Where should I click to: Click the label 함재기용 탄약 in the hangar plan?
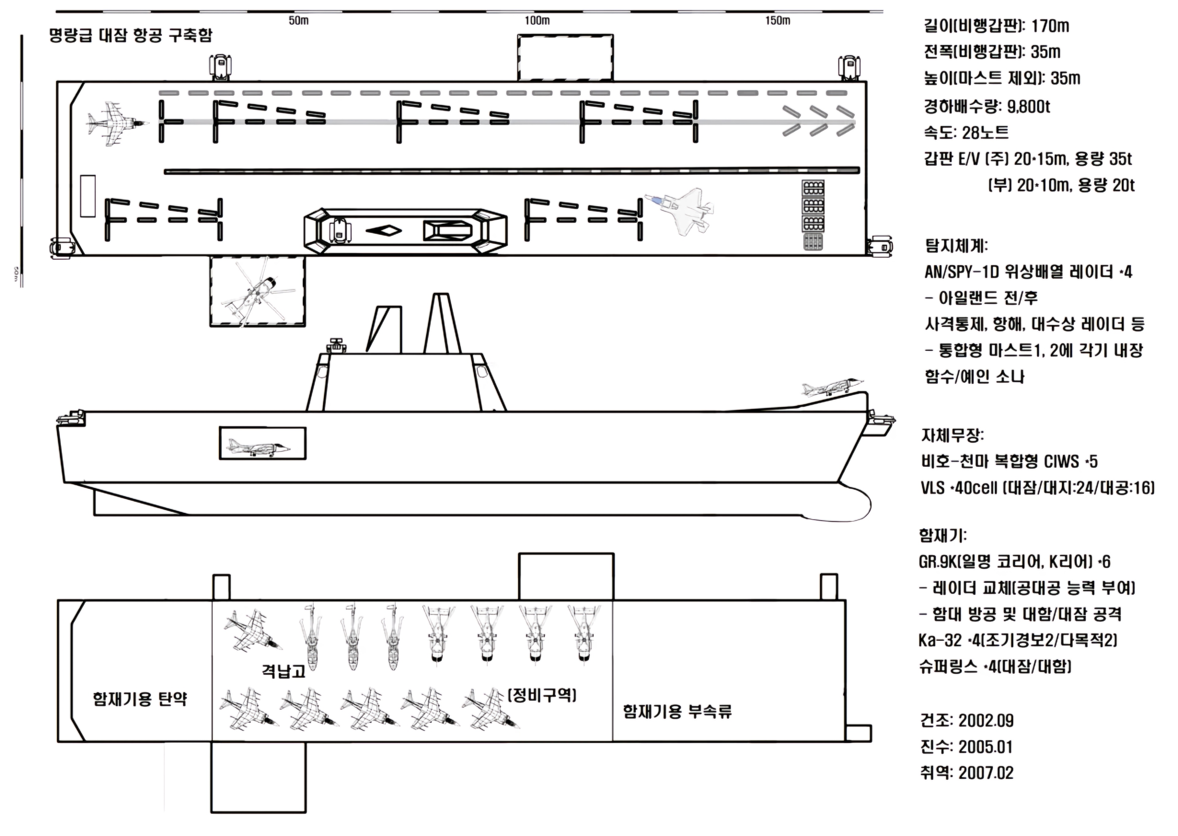click(x=140, y=699)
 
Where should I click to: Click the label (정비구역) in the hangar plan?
click(x=542, y=695)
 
